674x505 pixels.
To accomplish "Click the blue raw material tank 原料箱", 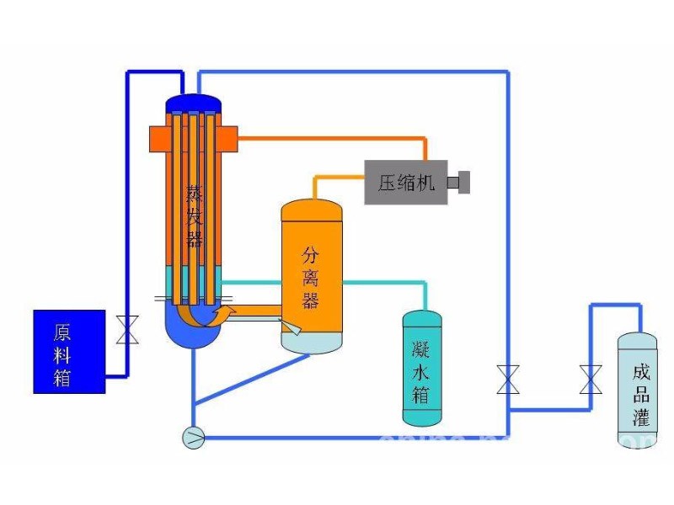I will point(69,351).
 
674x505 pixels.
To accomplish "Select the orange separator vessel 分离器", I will point(312,269).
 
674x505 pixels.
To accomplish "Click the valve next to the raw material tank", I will point(127,329).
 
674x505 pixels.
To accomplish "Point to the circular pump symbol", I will point(193,437).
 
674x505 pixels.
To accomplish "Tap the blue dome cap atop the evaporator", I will point(193,103).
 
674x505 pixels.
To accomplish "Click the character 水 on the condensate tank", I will point(421,369).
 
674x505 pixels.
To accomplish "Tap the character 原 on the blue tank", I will point(62,331).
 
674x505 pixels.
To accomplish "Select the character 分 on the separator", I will point(312,252).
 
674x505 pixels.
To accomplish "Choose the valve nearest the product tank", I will point(591,379).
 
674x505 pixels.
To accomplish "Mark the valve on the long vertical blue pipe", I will point(508,379).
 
